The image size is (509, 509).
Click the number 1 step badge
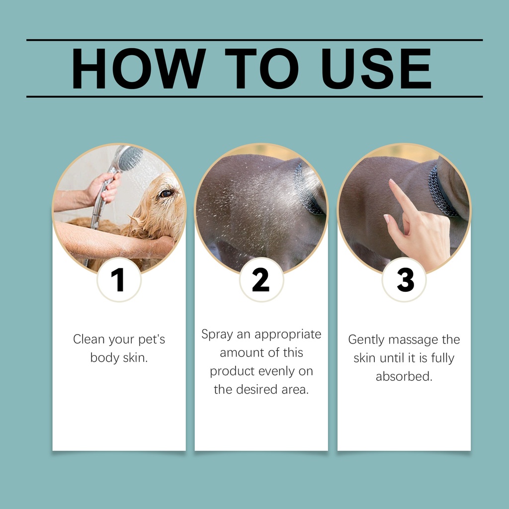coord(119,279)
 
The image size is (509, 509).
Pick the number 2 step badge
coord(261,279)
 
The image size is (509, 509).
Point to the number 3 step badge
coord(404,279)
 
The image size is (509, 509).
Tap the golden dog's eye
coord(166,194)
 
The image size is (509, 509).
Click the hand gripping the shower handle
coord(104,187)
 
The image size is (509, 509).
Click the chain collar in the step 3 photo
coord(441,191)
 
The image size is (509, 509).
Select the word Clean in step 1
coord(89,339)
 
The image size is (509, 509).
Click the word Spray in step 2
coord(217,335)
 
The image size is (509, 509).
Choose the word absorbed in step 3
coord(404,377)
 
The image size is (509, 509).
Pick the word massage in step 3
coord(413,340)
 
